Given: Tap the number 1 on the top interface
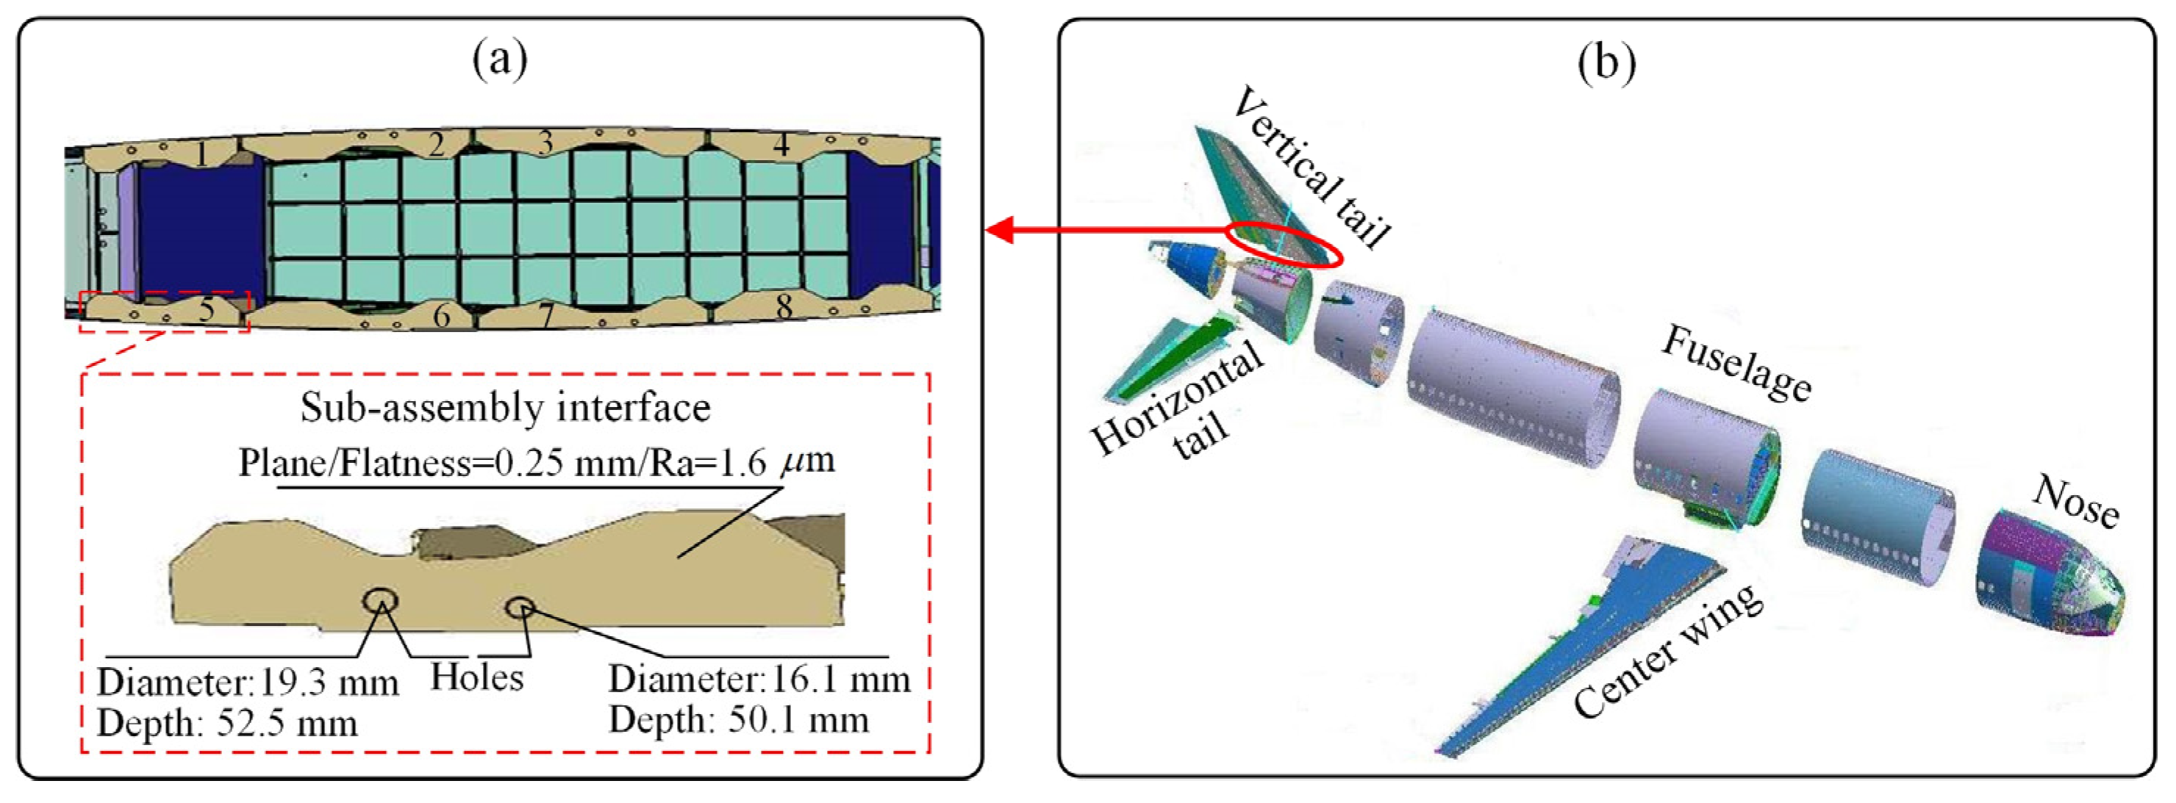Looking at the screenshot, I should point(200,154).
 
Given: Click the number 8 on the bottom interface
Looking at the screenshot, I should point(784,306).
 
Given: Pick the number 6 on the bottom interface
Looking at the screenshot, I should point(441,316).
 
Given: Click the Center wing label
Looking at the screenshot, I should point(1667,651).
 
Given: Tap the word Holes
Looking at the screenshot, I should point(477,677).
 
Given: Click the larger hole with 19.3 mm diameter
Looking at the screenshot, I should point(380,601).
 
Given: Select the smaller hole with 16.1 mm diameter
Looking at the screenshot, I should point(519,606).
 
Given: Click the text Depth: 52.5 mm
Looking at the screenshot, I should point(227,724).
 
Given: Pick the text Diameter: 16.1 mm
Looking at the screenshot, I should point(759,680).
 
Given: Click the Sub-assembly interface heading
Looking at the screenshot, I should point(505,408).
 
